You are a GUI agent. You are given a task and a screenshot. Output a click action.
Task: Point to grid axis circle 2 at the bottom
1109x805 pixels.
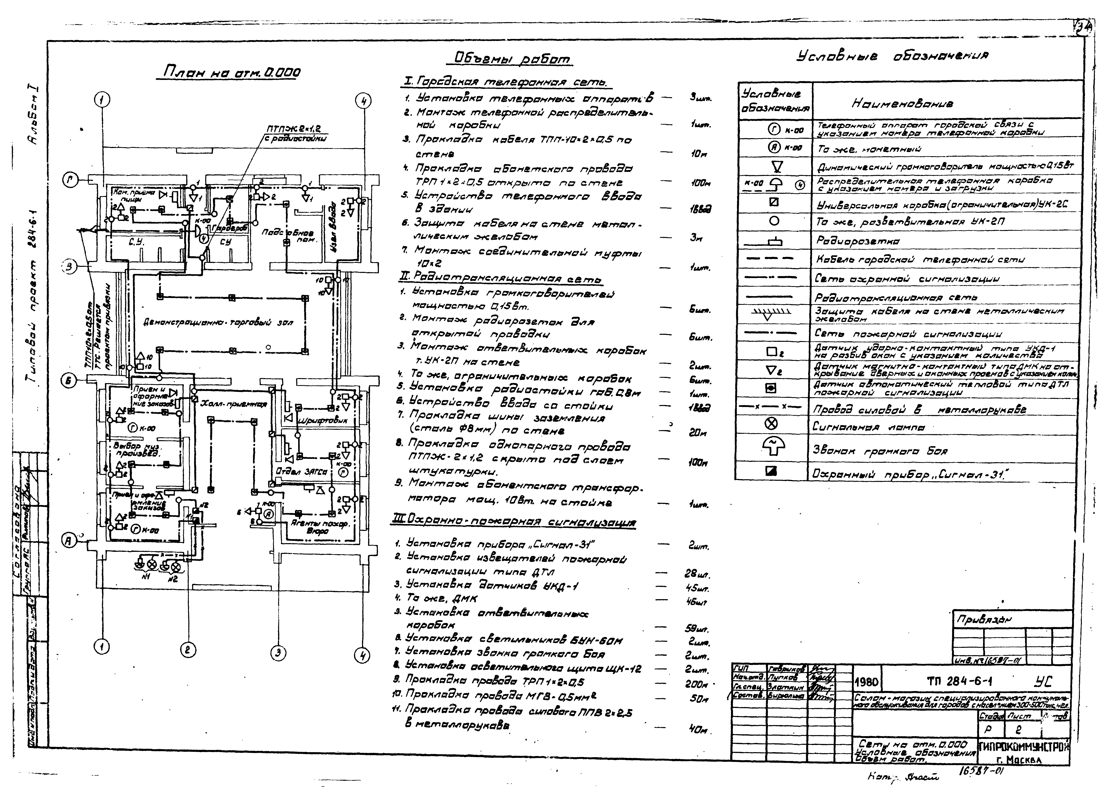click(188, 650)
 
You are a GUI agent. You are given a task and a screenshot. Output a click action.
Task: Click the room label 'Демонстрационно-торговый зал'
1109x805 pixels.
click(218, 323)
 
